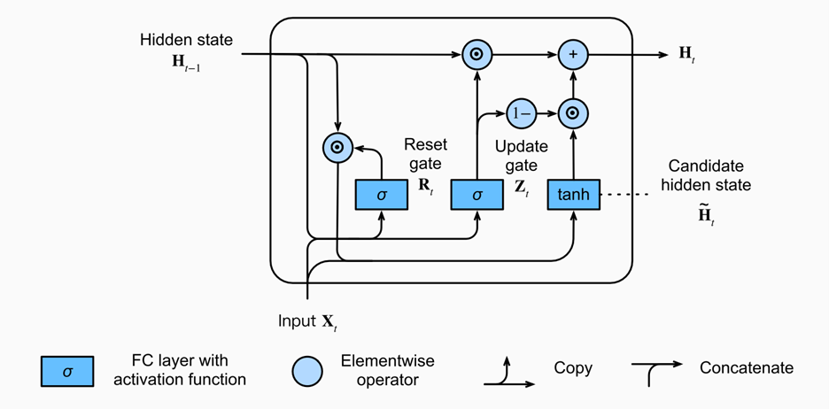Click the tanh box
tap(574, 195)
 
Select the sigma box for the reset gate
tap(381, 195)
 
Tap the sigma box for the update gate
tap(476, 195)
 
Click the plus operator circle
tap(574, 54)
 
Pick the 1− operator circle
tap(522, 113)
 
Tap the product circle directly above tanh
tap(574, 113)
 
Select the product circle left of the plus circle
tap(476, 54)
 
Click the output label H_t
tap(687, 54)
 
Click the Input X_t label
tap(307, 321)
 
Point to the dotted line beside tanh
tap(626, 195)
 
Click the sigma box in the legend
tap(67, 371)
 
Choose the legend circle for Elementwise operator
tap(307, 371)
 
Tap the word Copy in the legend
tap(573, 367)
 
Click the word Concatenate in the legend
tap(747, 367)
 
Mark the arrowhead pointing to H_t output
tap(663, 54)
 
